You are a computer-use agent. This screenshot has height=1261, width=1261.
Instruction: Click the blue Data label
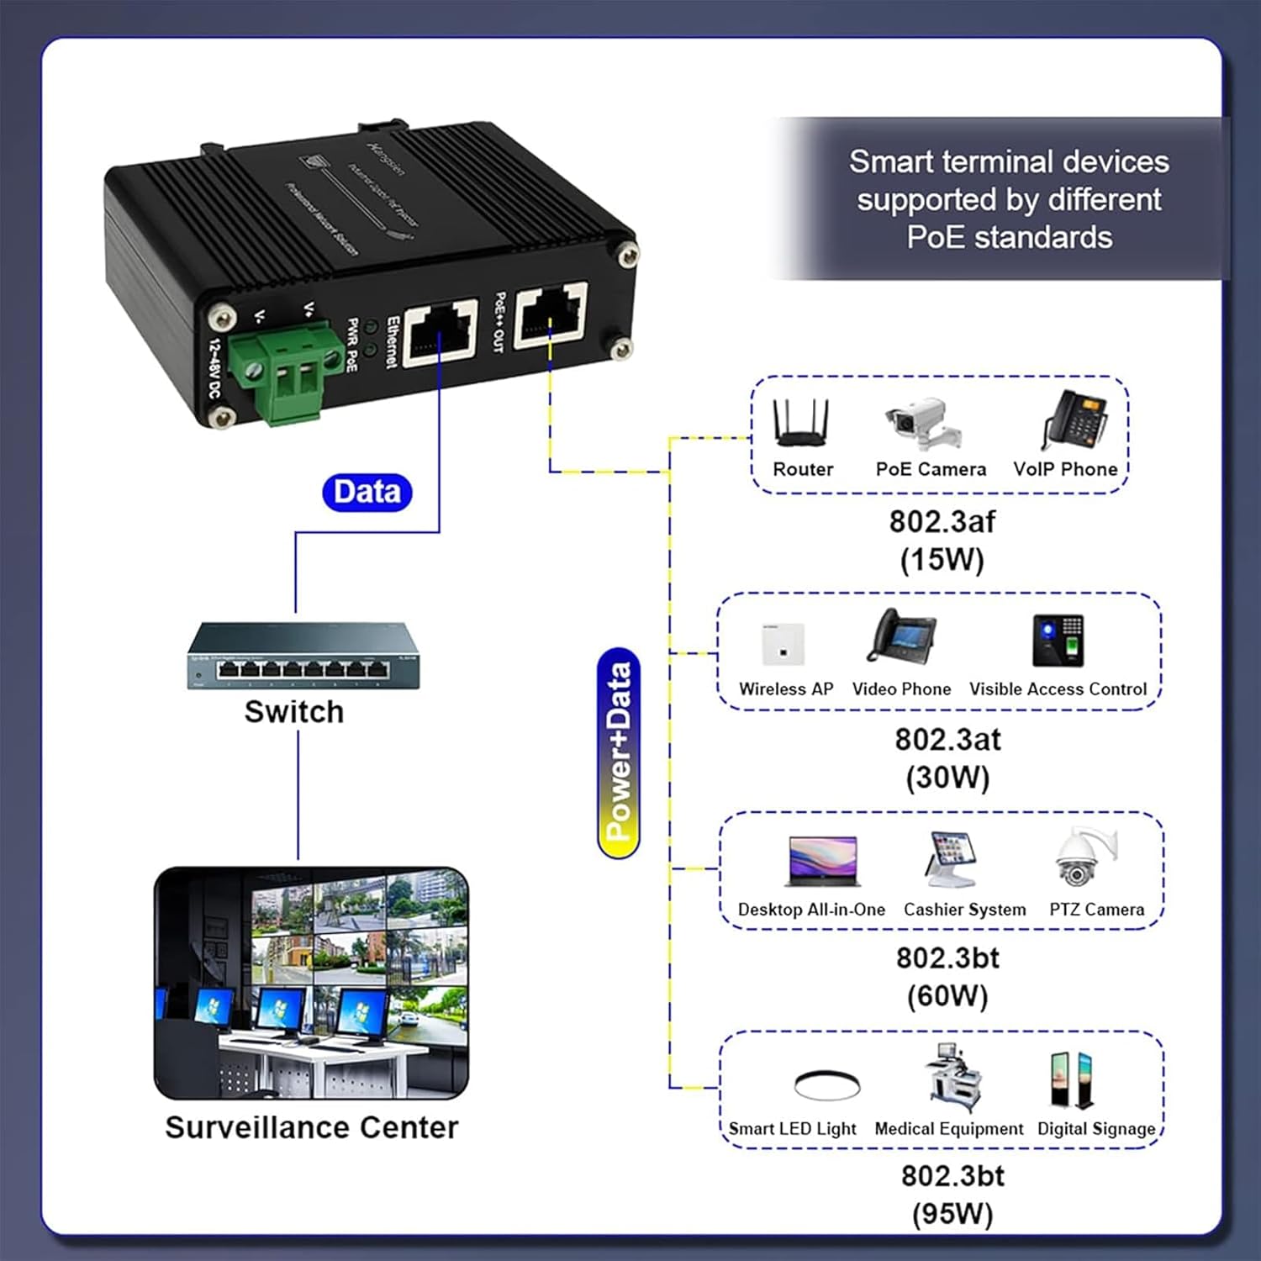point(367,492)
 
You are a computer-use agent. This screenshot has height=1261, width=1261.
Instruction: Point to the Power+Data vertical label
point(619,752)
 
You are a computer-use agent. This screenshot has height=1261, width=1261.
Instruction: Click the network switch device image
point(303,657)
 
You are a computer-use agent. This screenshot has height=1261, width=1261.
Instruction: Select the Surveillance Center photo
point(311,983)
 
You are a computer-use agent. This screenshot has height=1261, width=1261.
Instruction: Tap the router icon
point(802,423)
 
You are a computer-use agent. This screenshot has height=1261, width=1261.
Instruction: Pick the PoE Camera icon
point(923,425)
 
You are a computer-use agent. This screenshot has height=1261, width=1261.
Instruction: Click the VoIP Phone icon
point(1074,421)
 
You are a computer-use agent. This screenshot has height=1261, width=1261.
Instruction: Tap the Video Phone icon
point(901,637)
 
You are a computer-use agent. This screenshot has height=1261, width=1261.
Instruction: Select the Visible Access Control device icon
point(1058,641)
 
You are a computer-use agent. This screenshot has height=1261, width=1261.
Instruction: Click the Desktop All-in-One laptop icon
point(822,862)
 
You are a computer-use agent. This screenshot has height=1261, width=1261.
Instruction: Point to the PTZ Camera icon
point(1085,858)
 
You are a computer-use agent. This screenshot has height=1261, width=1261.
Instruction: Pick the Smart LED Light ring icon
point(826,1084)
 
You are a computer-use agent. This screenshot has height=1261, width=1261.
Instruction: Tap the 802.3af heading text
point(942,521)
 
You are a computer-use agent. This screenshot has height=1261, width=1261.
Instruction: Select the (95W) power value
point(952,1213)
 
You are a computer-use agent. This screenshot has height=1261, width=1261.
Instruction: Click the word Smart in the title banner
point(888,161)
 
